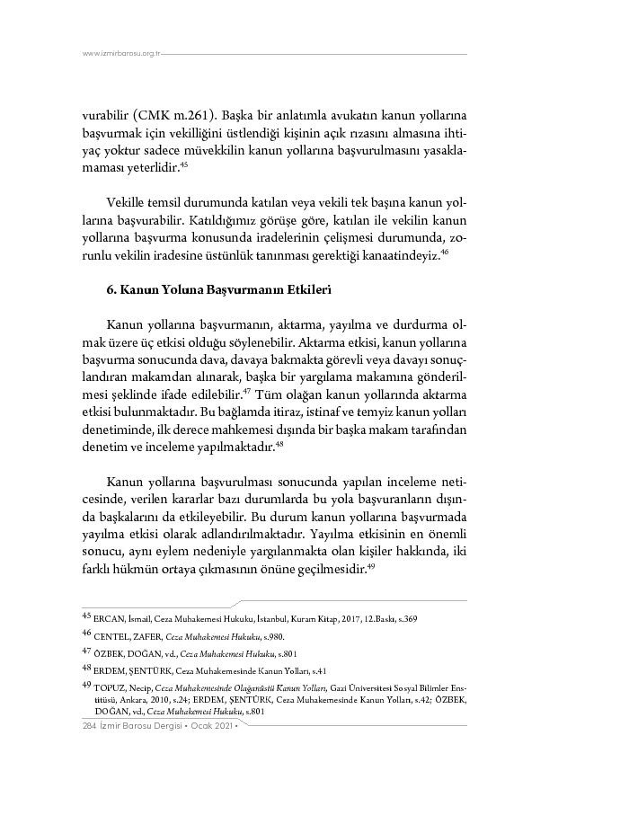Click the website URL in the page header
click(120, 54)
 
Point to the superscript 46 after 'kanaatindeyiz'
click(444, 253)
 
